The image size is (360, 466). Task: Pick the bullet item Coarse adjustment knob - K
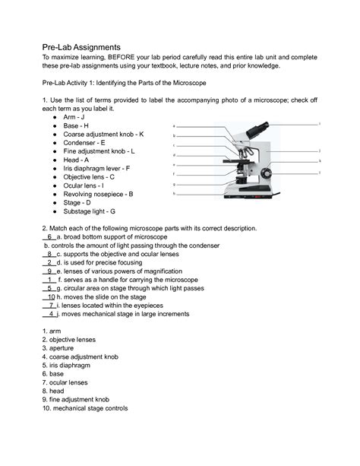(103, 134)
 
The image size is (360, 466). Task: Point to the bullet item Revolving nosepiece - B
(99, 194)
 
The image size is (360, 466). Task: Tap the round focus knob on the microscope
(267, 174)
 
